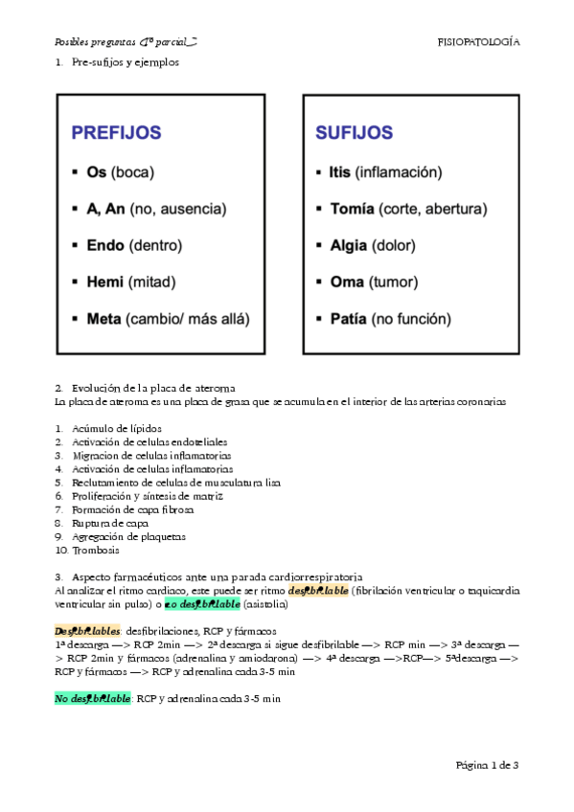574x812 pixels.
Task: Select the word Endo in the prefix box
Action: [x=105, y=246]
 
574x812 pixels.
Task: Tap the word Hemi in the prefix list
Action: [x=105, y=282]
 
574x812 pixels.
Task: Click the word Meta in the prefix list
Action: [x=103, y=319]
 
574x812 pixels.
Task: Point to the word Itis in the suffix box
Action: [x=339, y=172]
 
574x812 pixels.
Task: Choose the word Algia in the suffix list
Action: [x=348, y=246]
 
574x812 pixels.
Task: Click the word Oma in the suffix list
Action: [x=345, y=282]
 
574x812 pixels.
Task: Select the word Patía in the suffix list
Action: [x=348, y=319]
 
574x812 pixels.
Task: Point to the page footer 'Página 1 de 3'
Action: [x=488, y=765]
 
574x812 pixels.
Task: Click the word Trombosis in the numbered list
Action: [x=96, y=551]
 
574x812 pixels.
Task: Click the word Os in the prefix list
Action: [x=96, y=173]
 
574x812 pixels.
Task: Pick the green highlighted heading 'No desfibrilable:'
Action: [x=93, y=699]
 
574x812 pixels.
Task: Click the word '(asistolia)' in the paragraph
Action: [x=270, y=606]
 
